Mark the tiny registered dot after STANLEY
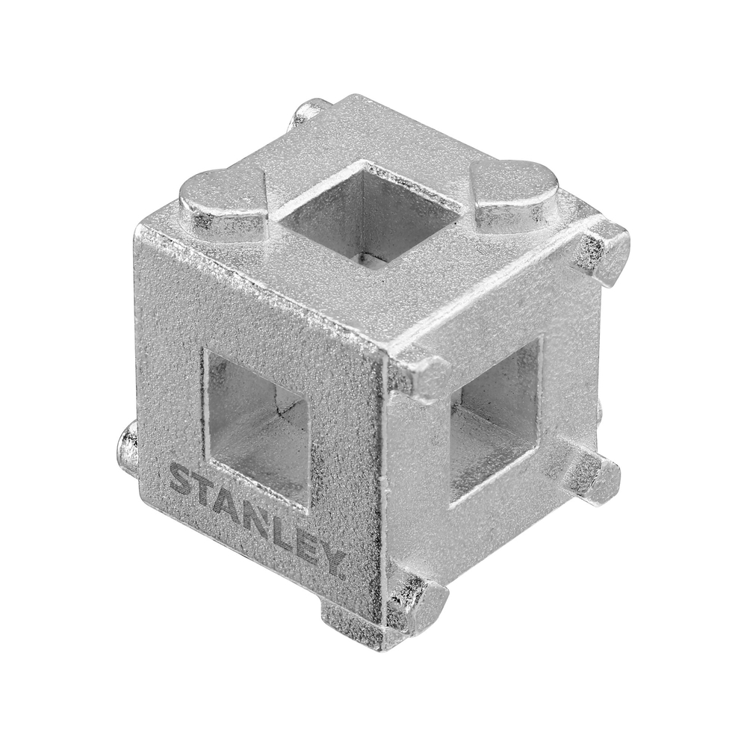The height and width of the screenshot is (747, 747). (343, 576)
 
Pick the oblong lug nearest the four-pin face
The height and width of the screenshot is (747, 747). (515, 194)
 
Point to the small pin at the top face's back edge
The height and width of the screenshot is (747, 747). (308, 111)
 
